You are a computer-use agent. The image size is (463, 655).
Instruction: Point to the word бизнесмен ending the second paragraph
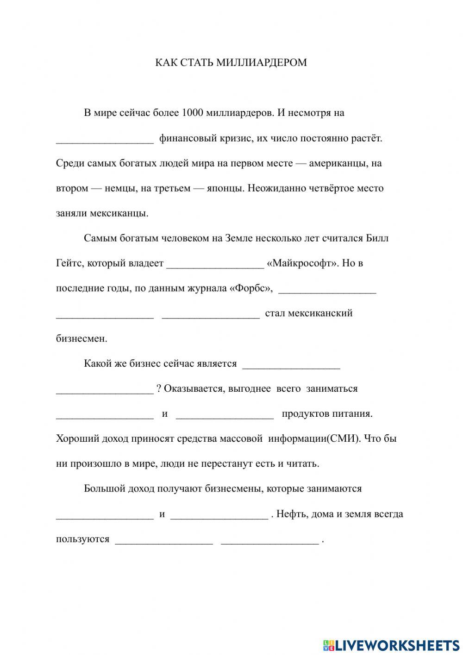coord(81,338)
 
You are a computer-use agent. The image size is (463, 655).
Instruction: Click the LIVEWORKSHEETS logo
coord(391,645)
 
